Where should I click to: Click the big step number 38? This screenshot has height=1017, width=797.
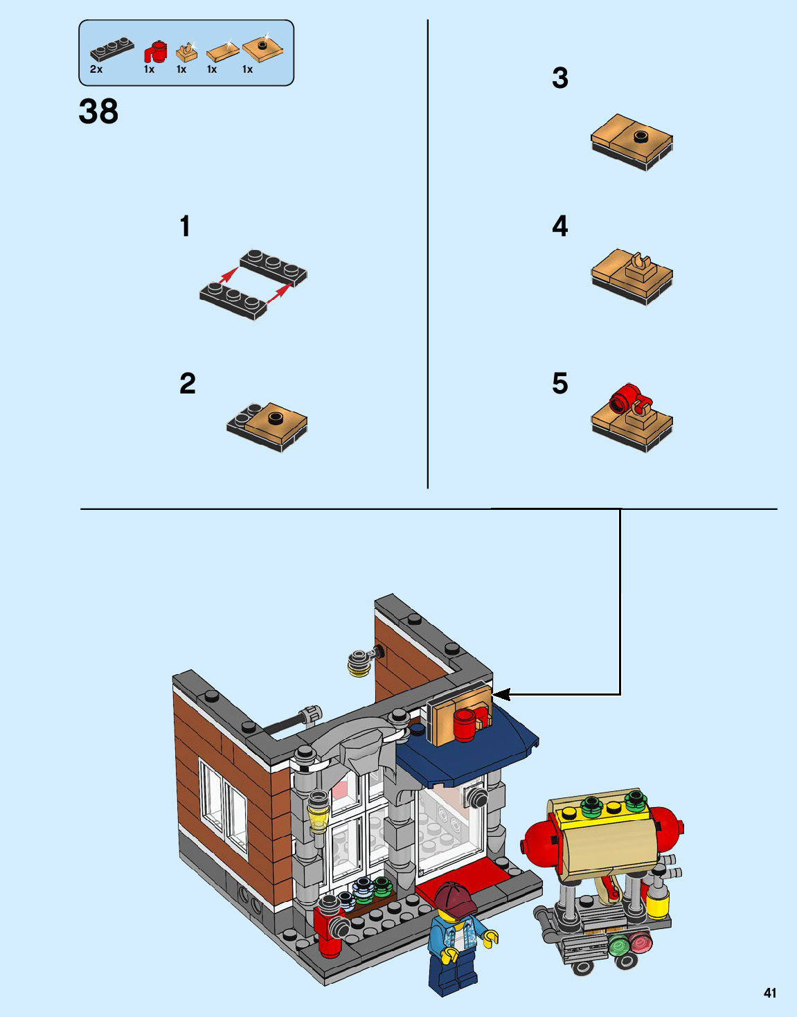pyautogui.click(x=99, y=112)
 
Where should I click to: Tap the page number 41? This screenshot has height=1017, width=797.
pyautogui.click(x=770, y=991)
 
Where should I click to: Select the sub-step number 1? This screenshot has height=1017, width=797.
pyautogui.click(x=185, y=226)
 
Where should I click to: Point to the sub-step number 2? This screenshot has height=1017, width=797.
pyautogui.click(x=188, y=383)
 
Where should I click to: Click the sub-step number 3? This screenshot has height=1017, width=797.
pyautogui.click(x=560, y=78)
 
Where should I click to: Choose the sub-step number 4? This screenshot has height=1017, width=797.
pyautogui.click(x=560, y=226)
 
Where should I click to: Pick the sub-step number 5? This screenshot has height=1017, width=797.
pyautogui.click(x=560, y=383)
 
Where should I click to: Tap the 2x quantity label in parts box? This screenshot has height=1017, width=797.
pyautogui.click(x=96, y=69)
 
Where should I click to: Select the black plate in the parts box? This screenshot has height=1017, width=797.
pyautogui.click(x=112, y=49)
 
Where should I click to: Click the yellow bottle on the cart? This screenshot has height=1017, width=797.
pyautogui.click(x=658, y=894)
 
